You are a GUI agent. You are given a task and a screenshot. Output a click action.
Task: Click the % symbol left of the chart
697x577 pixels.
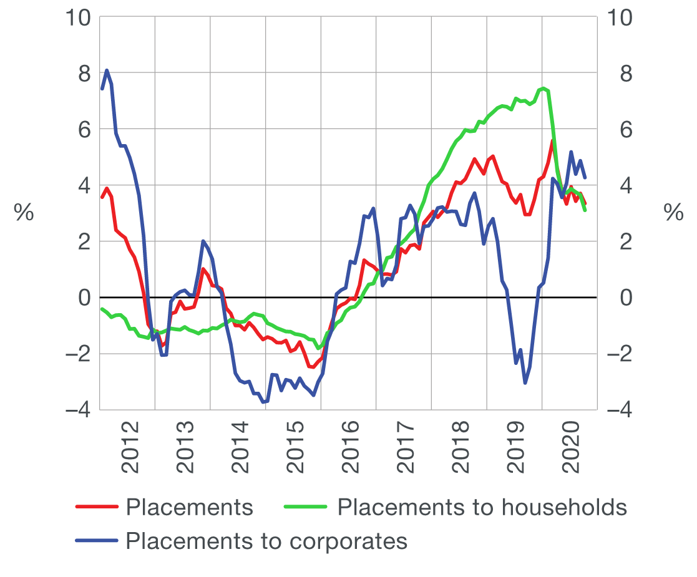(x=24, y=213)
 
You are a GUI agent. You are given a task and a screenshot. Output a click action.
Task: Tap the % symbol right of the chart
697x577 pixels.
(x=673, y=213)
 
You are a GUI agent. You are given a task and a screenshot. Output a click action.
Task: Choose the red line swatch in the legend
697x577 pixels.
(x=97, y=507)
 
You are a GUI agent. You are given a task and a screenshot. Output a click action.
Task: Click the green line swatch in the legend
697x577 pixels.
(x=306, y=507)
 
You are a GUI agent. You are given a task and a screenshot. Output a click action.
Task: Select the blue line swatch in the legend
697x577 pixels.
(x=97, y=540)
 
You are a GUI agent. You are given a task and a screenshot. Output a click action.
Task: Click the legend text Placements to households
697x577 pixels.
(x=482, y=507)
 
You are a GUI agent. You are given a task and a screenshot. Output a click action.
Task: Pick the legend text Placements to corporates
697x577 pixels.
(x=266, y=541)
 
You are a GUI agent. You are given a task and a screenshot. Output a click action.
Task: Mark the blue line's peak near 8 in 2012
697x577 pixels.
(x=107, y=70)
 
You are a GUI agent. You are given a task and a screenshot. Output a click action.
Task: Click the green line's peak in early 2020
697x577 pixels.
(x=543, y=88)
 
